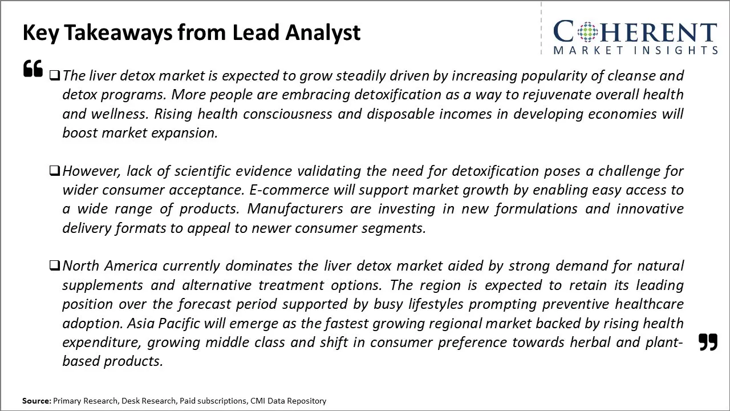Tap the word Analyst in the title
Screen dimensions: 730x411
click(x=323, y=33)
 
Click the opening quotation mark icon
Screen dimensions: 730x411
click(x=33, y=68)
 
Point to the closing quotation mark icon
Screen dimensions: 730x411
click(x=708, y=342)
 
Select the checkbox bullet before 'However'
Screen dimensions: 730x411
click(x=54, y=171)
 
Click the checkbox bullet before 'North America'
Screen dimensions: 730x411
click(x=54, y=265)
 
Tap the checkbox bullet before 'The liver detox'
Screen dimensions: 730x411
click(x=54, y=75)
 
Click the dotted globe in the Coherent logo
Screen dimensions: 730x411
click(x=587, y=31)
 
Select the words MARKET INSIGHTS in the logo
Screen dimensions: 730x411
click(x=635, y=50)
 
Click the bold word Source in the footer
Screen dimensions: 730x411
click(x=36, y=401)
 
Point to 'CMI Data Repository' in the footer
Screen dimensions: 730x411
click(x=288, y=401)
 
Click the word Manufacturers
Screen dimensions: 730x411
click(x=295, y=209)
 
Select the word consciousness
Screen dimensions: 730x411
click(x=287, y=114)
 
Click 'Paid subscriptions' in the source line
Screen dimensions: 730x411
click(x=213, y=401)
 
